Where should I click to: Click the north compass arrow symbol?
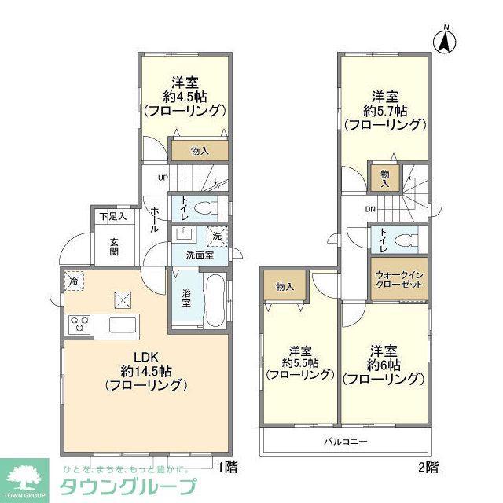[x=444, y=40]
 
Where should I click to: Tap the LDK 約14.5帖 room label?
[x=144, y=369]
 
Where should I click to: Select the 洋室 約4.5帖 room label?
[x=185, y=96]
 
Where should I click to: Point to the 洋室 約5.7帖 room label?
[x=385, y=110]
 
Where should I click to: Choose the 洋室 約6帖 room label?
[x=384, y=364]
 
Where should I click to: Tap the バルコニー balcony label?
[x=346, y=442]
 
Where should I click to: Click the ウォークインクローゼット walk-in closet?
[x=400, y=281]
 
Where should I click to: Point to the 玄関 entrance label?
[x=114, y=246]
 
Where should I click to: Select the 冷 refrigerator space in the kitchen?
[x=74, y=281]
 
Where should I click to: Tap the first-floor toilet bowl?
[x=206, y=209]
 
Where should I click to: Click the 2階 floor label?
[x=428, y=466]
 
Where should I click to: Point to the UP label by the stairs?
[x=163, y=177]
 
